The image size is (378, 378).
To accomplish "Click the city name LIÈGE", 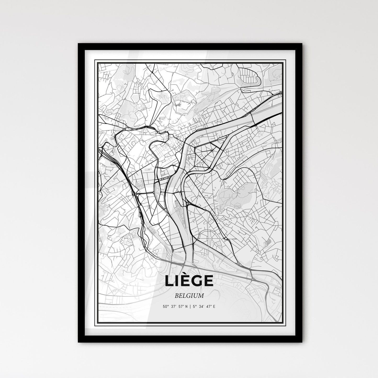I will tap(189, 281).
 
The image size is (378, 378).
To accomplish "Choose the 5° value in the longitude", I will tap(195, 306).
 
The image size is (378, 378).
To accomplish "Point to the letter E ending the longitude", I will tap(214, 306).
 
